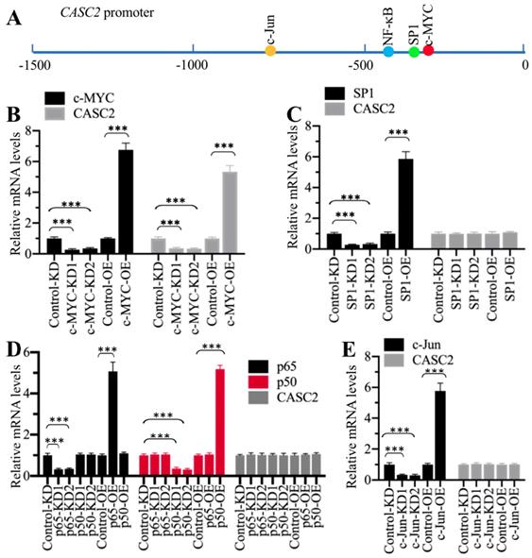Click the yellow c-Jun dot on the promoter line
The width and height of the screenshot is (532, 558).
tap(270, 50)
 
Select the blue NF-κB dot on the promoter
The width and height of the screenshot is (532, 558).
tap(389, 50)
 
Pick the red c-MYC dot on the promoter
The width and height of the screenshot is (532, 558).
tap(429, 50)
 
